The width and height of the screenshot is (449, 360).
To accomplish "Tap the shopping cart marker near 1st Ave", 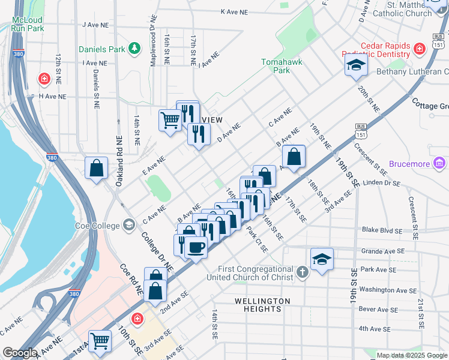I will pos(100,341).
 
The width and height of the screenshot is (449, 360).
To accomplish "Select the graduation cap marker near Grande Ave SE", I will pos(322,260).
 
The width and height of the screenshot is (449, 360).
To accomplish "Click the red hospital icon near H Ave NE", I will pos(44,79).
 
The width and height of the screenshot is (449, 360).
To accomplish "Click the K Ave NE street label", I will pos(234,11).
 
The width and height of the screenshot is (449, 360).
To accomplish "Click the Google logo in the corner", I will pos(20,353).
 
